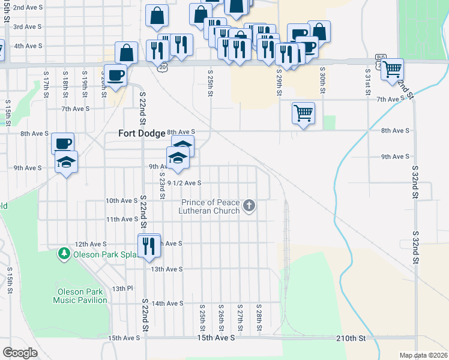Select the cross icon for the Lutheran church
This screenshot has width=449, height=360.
click(250, 207)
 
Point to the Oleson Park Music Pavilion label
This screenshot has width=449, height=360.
click(80, 296)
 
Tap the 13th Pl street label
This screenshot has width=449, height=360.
click(122, 289)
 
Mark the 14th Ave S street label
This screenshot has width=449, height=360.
click(167, 304)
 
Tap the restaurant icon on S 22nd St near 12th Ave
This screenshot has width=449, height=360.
click(148, 245)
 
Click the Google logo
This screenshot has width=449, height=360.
click(20, 353)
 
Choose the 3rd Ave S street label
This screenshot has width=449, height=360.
click(28, 27)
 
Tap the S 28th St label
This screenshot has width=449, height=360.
click(258, 316)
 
